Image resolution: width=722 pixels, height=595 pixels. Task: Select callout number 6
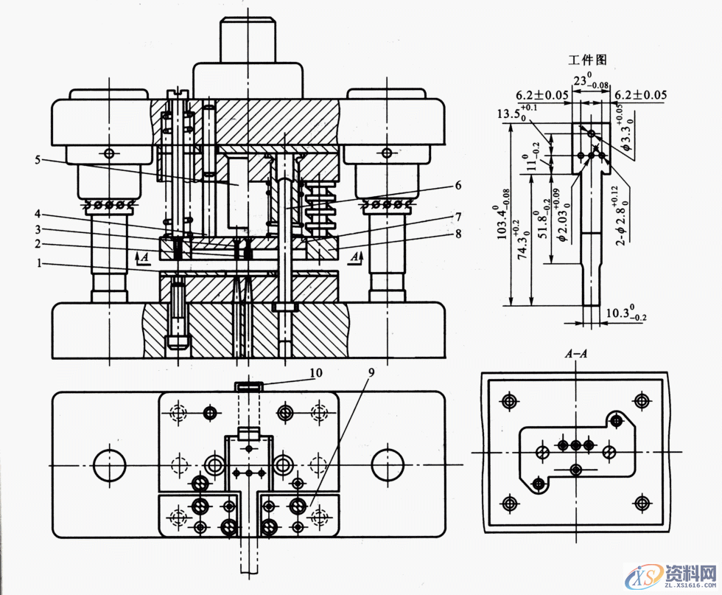(x=458, y=185)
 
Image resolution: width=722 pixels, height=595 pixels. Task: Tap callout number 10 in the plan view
(x=315, y=374)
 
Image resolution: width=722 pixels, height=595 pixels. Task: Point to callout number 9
(x=371, y=373)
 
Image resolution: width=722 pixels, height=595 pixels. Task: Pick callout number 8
(x=458, y=234)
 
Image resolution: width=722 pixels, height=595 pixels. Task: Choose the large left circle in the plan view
(x=110, y=463)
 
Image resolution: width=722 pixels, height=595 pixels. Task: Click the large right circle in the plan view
(x=387, y=463)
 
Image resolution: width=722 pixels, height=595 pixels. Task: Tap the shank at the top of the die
(x=248, y=41)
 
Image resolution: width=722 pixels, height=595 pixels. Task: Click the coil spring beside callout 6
(x=318, y=199)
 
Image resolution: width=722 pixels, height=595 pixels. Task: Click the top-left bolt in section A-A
(x=508, y=401)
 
